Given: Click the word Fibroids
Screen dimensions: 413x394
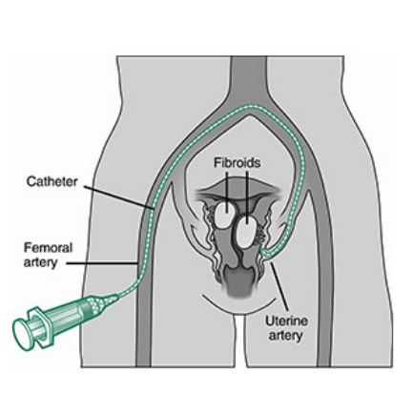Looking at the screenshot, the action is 237,163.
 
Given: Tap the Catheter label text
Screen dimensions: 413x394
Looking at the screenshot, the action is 52,181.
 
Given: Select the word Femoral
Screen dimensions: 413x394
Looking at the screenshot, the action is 49,248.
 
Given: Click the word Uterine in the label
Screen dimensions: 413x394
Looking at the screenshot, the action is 286,321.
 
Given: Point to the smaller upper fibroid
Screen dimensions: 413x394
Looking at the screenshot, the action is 226,215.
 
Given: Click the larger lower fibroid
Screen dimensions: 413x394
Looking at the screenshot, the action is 245,232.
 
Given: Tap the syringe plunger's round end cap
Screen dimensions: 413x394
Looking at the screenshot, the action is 21,334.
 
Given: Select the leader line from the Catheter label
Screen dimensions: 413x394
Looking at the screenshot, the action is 119,197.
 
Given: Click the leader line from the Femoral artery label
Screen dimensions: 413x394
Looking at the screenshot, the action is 102,263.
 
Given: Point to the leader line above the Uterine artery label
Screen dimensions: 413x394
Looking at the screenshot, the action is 279,286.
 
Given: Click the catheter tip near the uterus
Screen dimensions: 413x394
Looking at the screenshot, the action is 262,251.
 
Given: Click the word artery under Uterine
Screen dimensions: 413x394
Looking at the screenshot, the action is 285,336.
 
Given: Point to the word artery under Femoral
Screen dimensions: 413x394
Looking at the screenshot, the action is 40,262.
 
